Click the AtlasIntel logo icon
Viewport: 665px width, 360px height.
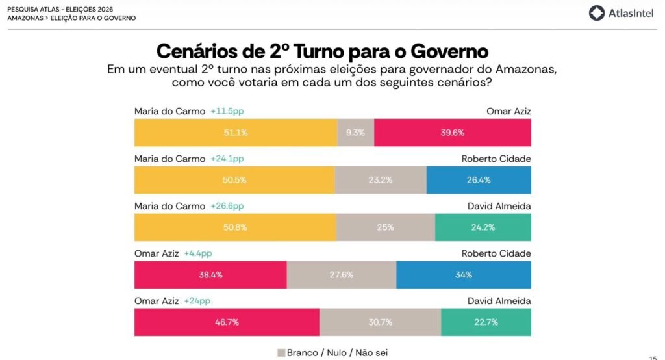(x=596, y=13)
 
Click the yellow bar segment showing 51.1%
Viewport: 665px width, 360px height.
(x=236, y=133)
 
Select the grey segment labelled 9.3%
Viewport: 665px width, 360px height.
(x=356, y=133)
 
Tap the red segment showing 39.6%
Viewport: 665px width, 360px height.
(x=453, y=133)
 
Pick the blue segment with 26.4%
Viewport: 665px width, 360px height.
(x=479, y=180)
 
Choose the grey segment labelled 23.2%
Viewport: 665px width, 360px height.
(x=381, y=180)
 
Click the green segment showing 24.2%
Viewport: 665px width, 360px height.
(x=483, y=227)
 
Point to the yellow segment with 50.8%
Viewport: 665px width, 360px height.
(x=235, y=227)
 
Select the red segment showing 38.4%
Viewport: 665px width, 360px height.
(x=211, y=275)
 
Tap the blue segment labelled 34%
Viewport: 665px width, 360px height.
(x=464, y=275)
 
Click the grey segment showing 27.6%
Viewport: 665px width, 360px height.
(x=342, y=275)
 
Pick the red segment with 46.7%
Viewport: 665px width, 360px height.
(x=227, y=322)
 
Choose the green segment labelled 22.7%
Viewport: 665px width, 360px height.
(x=486, y=322)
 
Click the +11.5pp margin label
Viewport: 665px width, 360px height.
(x=227, y=111)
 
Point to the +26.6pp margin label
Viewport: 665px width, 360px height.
(x=227, y=206)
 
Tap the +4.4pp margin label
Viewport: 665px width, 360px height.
(x=198, y=253)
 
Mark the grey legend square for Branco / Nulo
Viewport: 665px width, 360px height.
(x=281, y=353)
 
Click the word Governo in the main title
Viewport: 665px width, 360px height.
(x=449, y=51)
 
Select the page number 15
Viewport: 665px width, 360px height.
(x=653, y=358)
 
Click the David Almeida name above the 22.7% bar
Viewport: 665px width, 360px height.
(x=499, y=301)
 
